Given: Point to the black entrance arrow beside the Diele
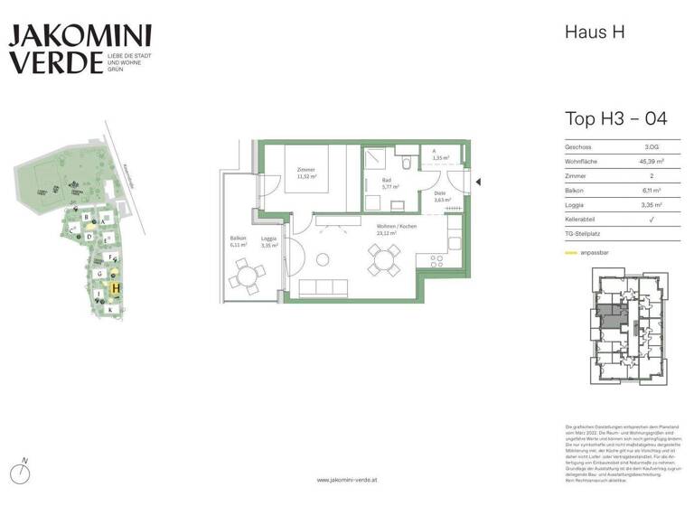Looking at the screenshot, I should pyautogui.click(x=479, y=183).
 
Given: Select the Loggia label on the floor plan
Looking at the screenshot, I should pyautogui.click(x=268, y=239).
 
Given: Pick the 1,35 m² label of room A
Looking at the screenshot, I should pyautogui.click(x=441, y=158).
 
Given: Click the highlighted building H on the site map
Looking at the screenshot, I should pyautogui.click(x=116, y=289).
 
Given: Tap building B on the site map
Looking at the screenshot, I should pyautogui.click(x=86, y=217).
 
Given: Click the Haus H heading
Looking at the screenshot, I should pyautogui.click(x=596, y=33).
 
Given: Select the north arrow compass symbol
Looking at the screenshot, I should pyautogui.click(x=25, y=471).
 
